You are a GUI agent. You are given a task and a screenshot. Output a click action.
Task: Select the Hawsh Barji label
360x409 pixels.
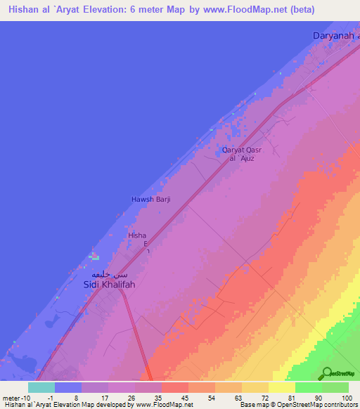click(x=151, y=200)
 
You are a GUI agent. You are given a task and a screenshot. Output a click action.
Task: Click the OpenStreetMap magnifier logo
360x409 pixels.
click(x=326, y=373)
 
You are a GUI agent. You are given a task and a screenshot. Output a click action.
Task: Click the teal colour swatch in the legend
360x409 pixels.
click(x=41, y=387)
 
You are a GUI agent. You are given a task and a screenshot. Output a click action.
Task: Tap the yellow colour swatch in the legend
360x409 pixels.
click(x=282, y=387)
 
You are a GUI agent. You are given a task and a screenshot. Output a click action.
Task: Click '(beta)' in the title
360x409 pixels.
click(x=298, y=10)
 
